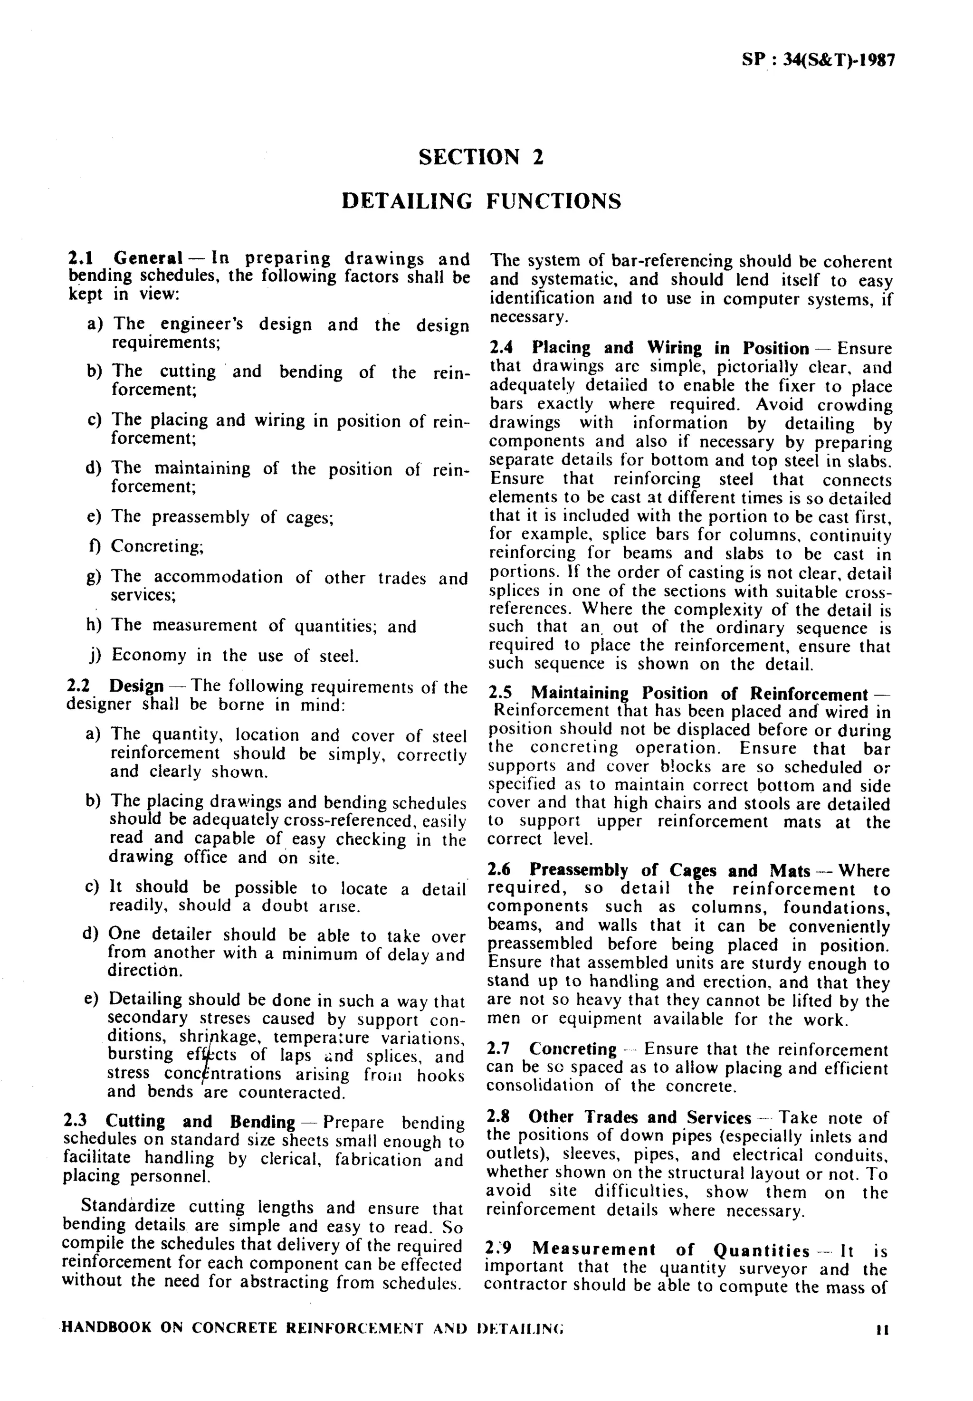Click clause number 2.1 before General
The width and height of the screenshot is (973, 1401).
[x=79, y=258]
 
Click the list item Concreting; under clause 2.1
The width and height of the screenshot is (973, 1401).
[x=157, y=546]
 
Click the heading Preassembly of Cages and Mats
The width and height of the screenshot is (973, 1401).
[x=669, y=870]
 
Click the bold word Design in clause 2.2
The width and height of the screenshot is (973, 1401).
[x=136, y=686]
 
